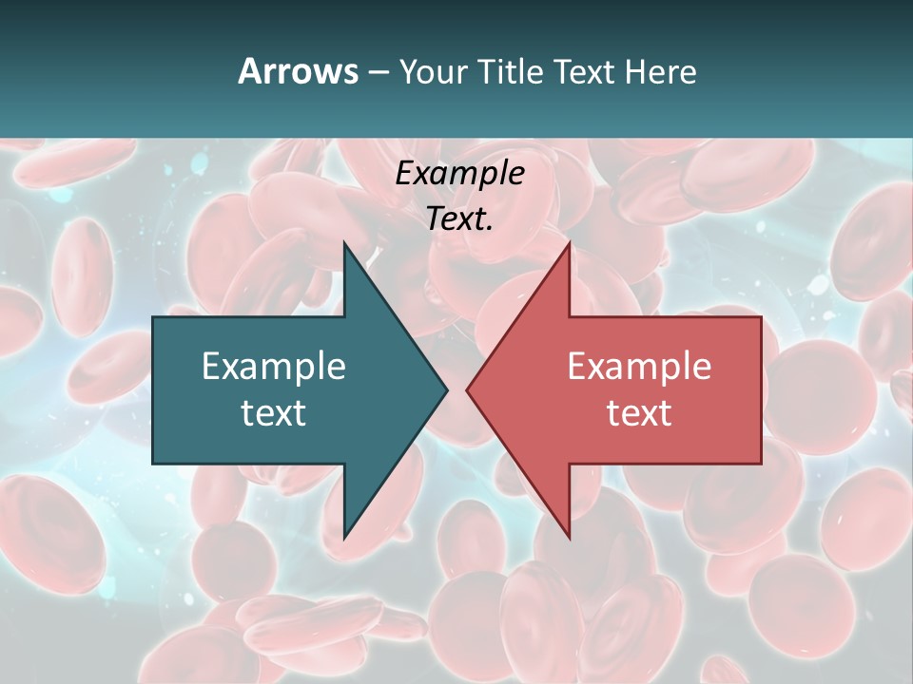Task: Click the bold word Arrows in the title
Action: [x=298, y=71]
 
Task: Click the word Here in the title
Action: [x=661, y=71]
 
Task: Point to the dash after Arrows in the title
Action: [x=378, y=72]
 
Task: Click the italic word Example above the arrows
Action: [x=459, y=174]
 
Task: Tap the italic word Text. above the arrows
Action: [x=459, y=219]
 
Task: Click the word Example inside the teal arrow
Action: [x=274, y=367]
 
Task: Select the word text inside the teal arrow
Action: [x=274, y=412]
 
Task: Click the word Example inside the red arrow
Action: [x=639, y=367]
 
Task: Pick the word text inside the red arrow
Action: [x=639, y=412]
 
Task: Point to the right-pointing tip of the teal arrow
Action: [x=447, y=389]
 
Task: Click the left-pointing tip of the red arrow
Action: [x=467, y=389]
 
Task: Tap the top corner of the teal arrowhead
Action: [x=344, y=243]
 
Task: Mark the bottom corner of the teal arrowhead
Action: [x=344, y=538]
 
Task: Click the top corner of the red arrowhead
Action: [x=570, y=243]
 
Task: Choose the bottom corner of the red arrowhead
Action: [x=570, y=538]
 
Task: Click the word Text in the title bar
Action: [x=584, y=71]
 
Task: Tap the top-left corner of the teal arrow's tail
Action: [x=153, y=317]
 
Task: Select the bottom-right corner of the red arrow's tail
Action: [x=761, y=464]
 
